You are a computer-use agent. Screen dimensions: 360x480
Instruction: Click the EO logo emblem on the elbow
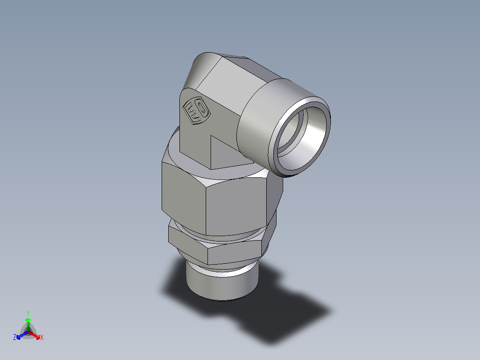[196, 111]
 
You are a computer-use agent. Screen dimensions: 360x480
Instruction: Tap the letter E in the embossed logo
[191, 109]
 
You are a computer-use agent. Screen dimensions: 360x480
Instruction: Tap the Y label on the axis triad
[28, 313]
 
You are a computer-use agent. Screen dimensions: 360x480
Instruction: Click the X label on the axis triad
[42, 338]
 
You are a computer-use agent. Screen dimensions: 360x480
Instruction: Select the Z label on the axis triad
[15, 338]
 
